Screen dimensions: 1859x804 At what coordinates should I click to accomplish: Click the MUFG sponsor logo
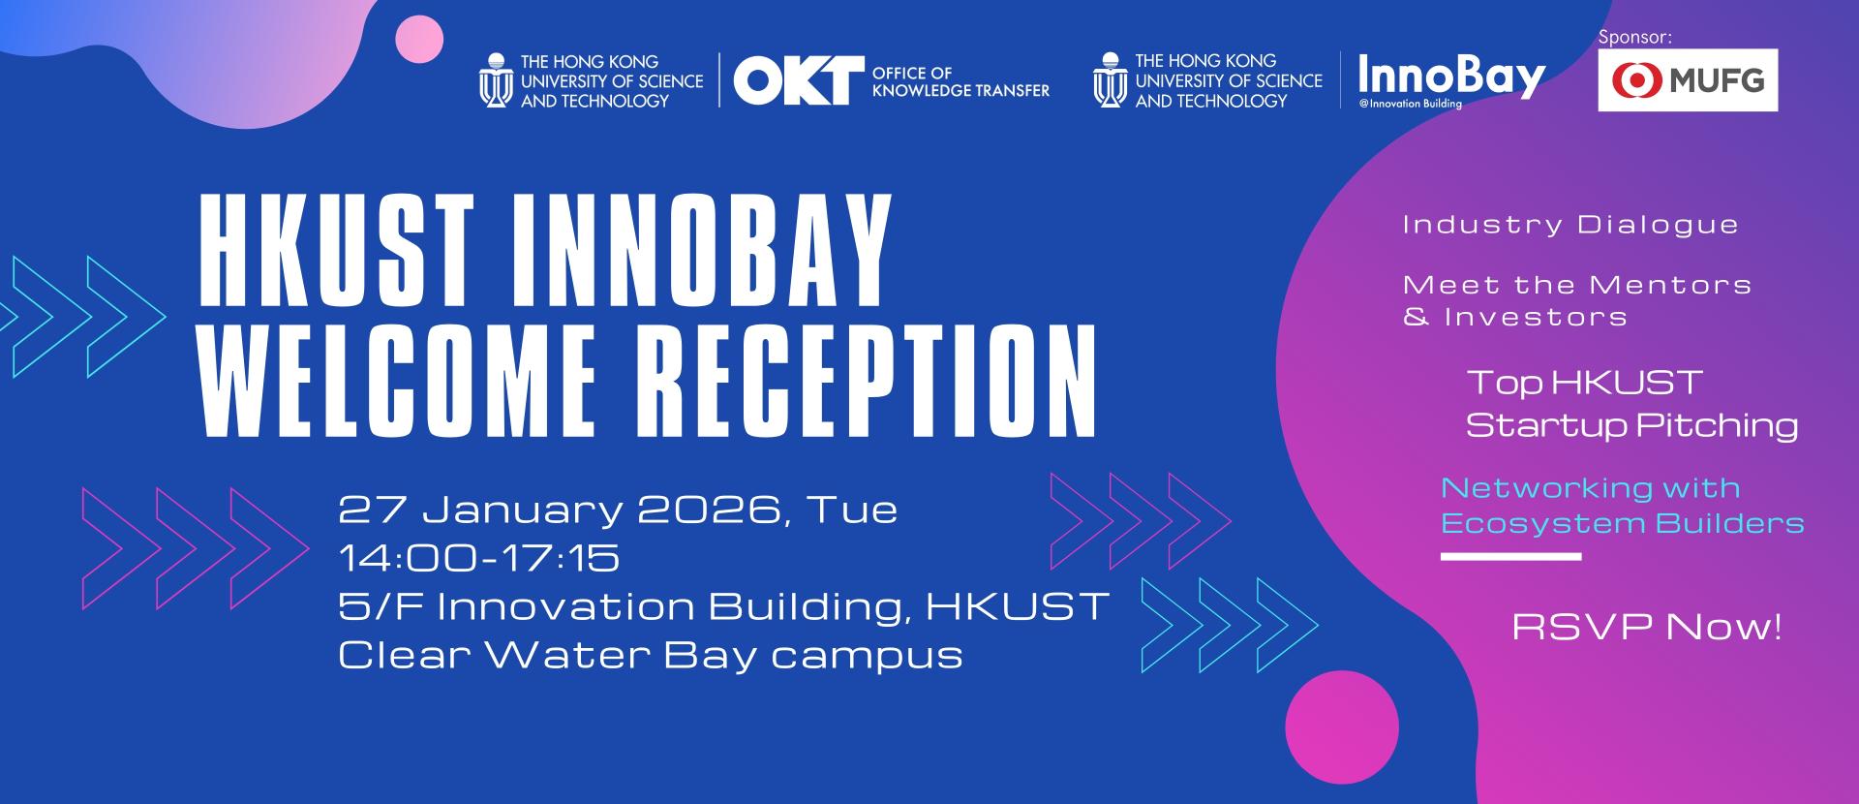[1688, 79]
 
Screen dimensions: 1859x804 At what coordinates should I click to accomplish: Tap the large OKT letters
[799, 79]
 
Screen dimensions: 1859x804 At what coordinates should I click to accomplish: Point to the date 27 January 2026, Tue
[618, 510]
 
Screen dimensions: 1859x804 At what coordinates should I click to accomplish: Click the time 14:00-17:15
[479, 558]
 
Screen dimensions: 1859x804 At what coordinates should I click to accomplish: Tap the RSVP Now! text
[1647, 628]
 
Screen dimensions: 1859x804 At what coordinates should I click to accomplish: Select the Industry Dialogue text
[1570, 225]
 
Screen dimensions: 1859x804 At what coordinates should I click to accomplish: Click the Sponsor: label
[1635, 37]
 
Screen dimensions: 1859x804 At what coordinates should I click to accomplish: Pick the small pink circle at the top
[419, 40]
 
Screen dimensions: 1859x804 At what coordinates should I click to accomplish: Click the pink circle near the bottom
[1342, 727]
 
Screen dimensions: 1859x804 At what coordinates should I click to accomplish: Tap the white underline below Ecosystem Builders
[1510, 557]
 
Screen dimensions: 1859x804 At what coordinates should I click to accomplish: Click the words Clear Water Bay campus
[651, 656]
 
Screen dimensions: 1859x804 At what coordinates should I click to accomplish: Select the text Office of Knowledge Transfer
[960, 81]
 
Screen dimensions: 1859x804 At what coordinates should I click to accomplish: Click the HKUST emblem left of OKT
[495, 79]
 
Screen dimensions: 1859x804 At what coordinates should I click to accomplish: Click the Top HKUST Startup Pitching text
[1632, 403]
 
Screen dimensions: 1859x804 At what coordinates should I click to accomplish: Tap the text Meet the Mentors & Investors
[1577, 300]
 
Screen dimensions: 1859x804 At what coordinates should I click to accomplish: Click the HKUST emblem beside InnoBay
[1110, 79]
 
